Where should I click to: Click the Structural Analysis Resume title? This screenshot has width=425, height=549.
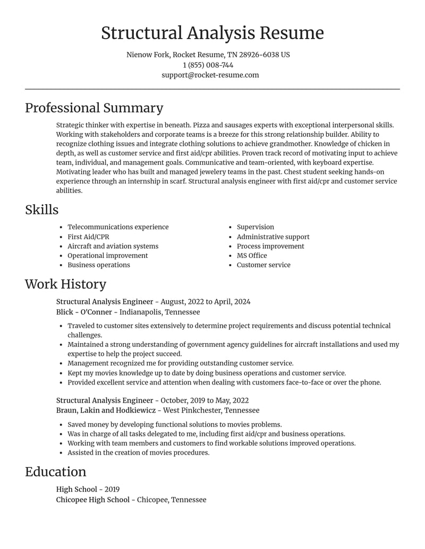click(212, 33)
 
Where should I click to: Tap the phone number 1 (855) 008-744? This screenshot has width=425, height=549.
click(208, 65)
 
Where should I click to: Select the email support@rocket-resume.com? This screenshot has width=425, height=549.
click(210, 75)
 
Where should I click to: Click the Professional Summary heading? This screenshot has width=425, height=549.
click(94, 108)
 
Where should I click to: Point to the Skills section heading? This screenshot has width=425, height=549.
click(42, 210)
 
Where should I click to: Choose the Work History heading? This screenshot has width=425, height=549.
click(65, 284)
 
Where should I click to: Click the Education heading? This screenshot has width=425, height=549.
click(55, 472)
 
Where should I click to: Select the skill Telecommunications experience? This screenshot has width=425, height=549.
click(118, 227)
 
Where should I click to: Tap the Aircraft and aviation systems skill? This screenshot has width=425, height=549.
click(113, 246)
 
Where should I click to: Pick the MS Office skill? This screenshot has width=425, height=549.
click(252, 256)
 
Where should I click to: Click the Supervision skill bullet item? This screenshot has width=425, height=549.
click(256, 227)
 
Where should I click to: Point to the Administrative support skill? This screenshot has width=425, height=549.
click(273, 237)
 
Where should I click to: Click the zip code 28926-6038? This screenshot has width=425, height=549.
click(259, 55)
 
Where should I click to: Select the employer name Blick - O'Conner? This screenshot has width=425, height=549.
click(84, 312)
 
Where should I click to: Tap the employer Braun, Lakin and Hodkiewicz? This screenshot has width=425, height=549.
click(106, 411)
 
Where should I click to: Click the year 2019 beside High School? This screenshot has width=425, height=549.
click(112, 490)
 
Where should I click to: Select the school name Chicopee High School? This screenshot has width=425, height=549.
click(92, 500)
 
